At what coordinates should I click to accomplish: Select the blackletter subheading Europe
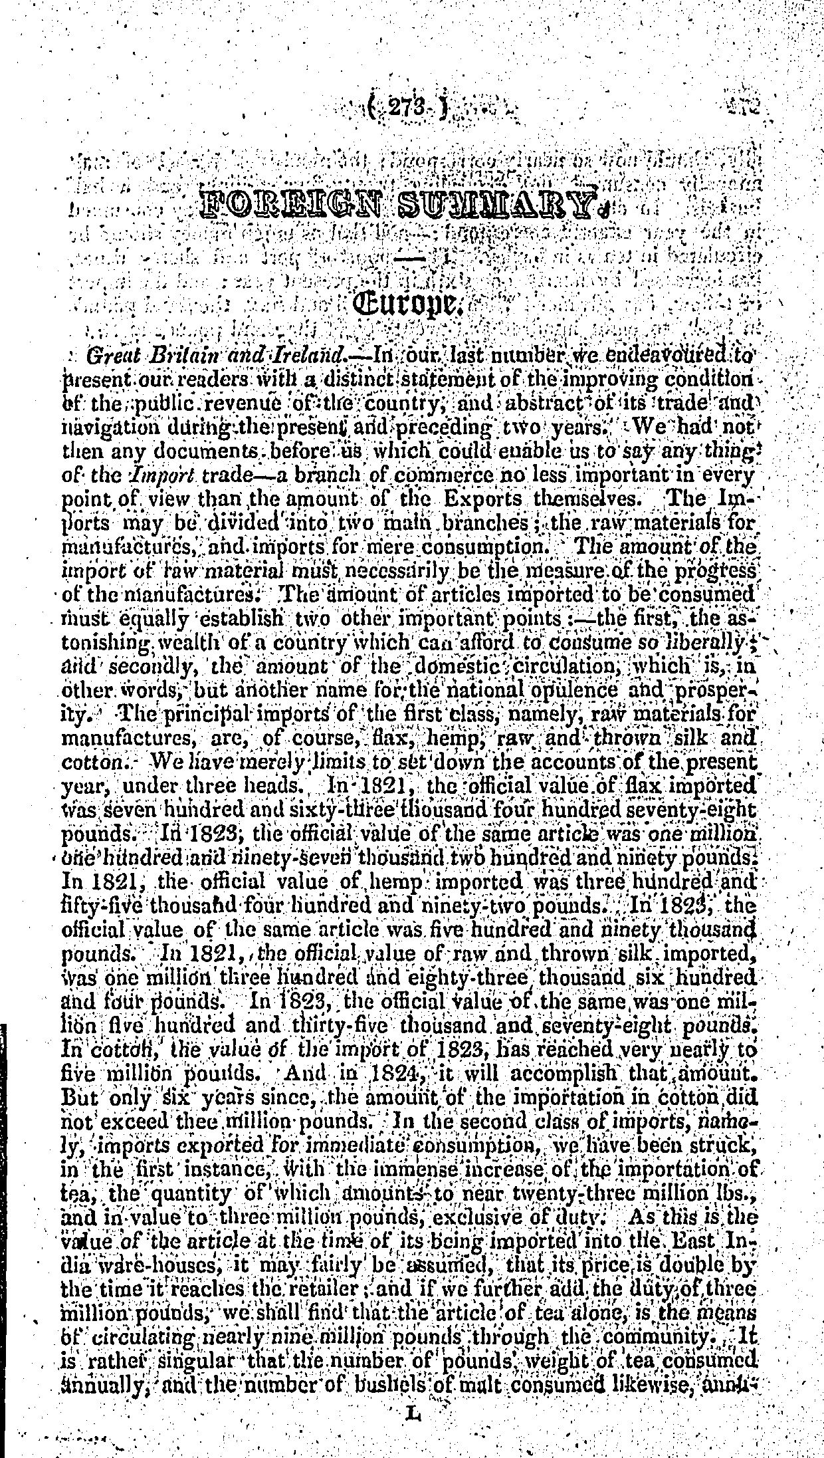click(x=409, y=306)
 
